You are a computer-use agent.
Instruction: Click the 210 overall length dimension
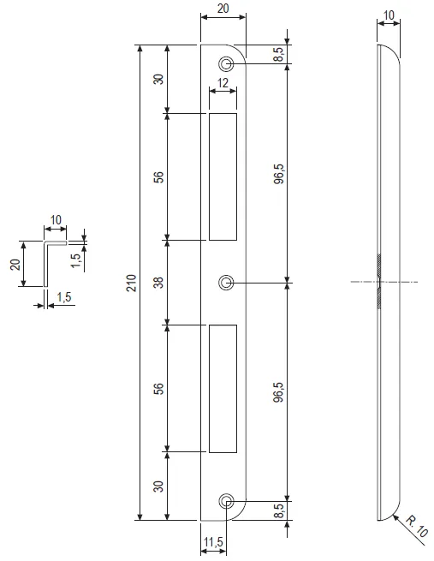[x=131, y=283]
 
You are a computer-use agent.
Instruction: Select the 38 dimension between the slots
[x=158, y=283]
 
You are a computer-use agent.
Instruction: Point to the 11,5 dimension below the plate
[x=213, y=542]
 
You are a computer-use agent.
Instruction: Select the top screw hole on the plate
[x=226, y=64]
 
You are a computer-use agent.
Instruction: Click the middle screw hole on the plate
[x=226, y=283]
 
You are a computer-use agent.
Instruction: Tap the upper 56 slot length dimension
[x=158, y=176]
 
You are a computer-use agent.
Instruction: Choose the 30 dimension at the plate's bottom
[x=158, y=486]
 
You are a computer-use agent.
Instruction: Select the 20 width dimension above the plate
[x=223, y=8]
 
